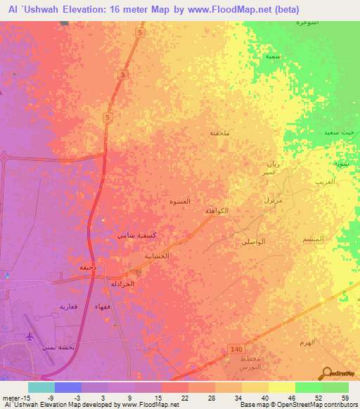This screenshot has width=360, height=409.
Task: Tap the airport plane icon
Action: click(x=29, y=337)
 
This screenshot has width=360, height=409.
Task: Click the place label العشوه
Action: click(x=181, y=201)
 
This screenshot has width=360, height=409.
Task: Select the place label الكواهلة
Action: click(x=216, y=211)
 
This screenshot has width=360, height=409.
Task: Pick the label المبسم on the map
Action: click(x=311, y=240)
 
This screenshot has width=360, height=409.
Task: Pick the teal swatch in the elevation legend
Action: click(x=41, y=387)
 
